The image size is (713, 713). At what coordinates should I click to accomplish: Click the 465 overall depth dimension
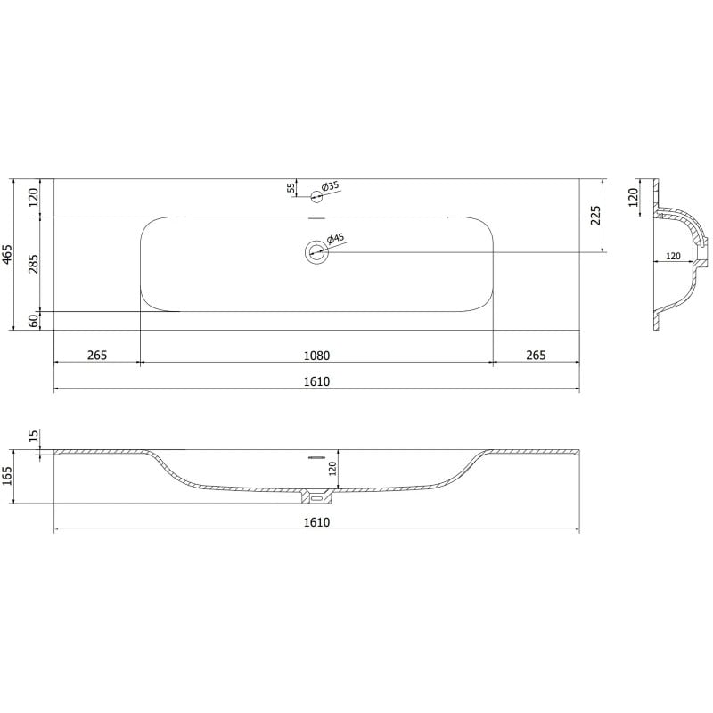pyautogui.click(x=8, y=254)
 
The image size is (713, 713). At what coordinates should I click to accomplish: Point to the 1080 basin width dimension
pyautogui.click(x=316, y=355)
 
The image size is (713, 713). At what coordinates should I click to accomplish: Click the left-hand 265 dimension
pyautogui.click(x=97, y=355)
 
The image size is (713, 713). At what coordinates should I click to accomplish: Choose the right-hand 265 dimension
pyautogui.click(x=536, y=355)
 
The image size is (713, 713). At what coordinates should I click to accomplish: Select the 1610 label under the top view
pyautogui.click(x=316, y=381)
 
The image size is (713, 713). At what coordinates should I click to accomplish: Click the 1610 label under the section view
pyautogui.click(x=316, y=521)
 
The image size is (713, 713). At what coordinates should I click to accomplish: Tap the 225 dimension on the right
pyautogui.click(x=596, y=215)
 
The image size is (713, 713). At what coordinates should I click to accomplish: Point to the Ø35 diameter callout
pyautogui.click(x=330, y=187)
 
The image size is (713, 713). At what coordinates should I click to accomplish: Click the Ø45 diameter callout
pyautogui.click(x=335, y=239)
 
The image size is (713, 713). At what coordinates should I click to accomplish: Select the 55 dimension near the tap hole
pyautogui.click(x=291, y=187)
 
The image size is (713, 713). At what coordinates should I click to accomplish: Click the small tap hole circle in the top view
pyautogui.click(x=316, y=196)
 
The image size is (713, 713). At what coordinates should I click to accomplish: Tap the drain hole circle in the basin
pyautogui.click(x=316, y=252)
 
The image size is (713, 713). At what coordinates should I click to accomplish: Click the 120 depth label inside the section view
pyautogui.click(x=332, y=469)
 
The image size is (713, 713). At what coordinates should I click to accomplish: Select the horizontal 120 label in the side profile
pyautogui.click(x=673, y=256)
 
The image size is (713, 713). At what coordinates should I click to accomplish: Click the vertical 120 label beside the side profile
pyautogui.click(x=634, y=196)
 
